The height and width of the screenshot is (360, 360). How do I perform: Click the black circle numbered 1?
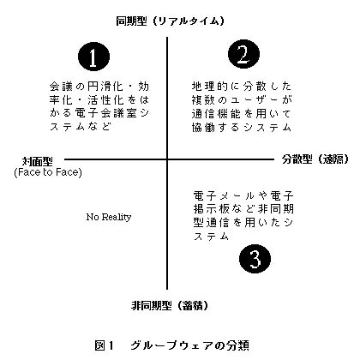click(x=93, y=57)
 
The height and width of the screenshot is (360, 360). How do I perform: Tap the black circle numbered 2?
click(x=243, y=54)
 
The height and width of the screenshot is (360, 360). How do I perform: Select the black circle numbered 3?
click(x=255, y=259)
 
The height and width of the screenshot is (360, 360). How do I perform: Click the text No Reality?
click(x=109, y=217)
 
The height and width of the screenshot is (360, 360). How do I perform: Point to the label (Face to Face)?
click(x=48, y=172)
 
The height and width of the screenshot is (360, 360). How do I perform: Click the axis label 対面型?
click(x=38, y=162)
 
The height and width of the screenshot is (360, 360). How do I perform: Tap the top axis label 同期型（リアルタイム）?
click(x=170, y=21)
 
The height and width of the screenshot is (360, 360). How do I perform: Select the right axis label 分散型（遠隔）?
click(x=315, y=159)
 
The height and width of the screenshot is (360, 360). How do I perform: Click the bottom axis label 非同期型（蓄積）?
click(x=170, y=306)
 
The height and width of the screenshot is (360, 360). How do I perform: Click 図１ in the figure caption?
click(x=105, y=345)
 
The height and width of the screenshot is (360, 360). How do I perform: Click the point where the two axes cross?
click(x=167, y=159)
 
